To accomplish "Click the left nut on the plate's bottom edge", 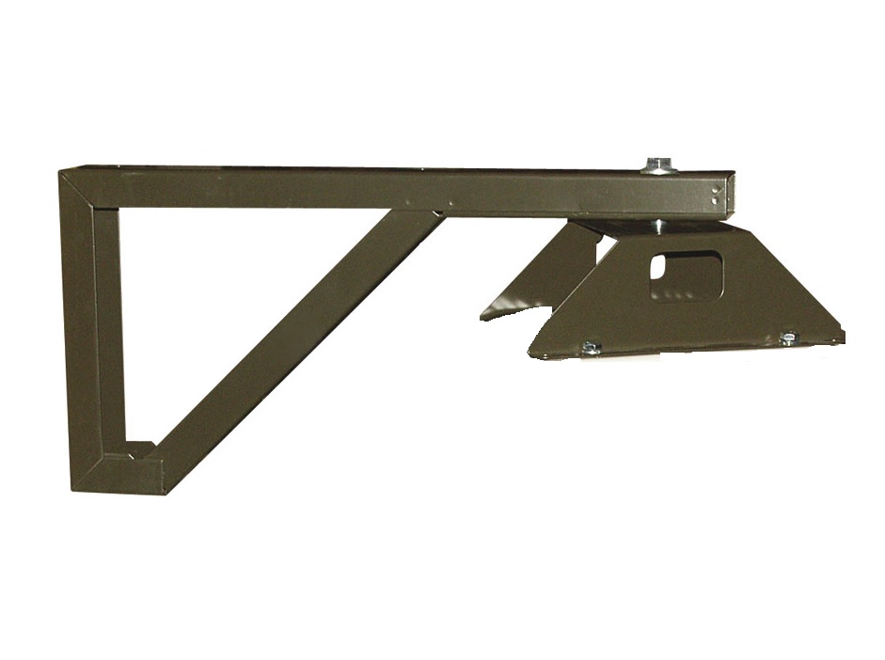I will click(591, 348).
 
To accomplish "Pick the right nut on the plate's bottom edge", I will click(788, 338).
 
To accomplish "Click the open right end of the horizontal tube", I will click(730, 195).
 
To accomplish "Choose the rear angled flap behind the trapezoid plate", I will click(545, 273).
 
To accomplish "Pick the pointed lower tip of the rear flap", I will click(485, 315).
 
